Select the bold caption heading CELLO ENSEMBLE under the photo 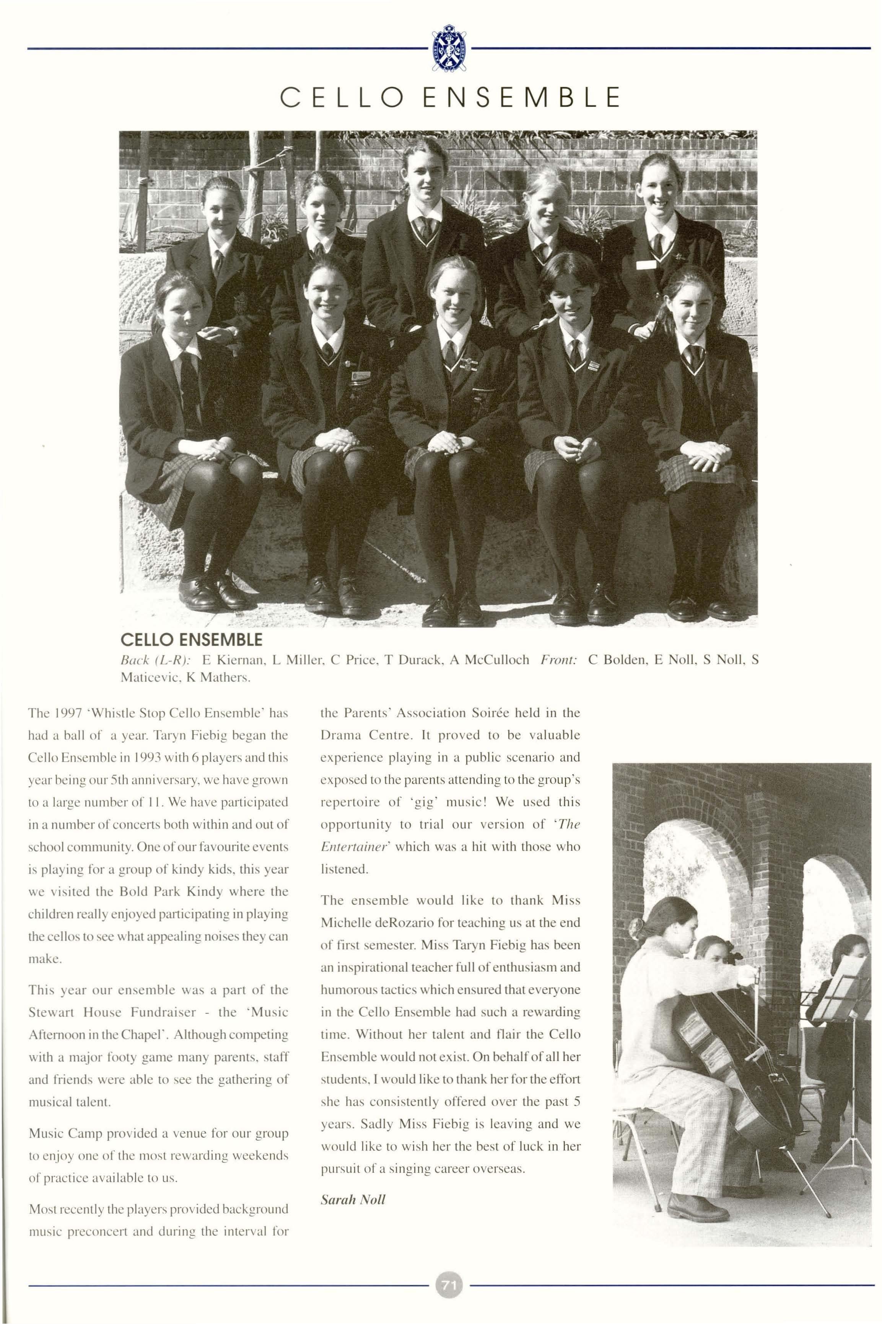(x=191, y=640)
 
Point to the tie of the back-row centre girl (x=425, y=228)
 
